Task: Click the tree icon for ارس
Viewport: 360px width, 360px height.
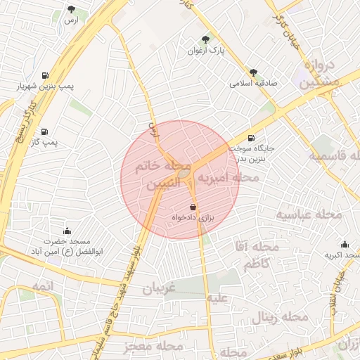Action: pyautogui.click(x=71, y=9)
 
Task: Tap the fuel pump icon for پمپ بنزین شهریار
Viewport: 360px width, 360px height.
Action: pyautogui.click(x=46, y=75)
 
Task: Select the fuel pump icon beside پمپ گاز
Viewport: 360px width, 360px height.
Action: pyautogui.click(x=46, y=131)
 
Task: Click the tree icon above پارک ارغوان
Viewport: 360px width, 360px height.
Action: pyautogui.click(x=205, y=39)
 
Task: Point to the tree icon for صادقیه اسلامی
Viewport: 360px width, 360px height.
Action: pyautogui.click(x=253, y=72)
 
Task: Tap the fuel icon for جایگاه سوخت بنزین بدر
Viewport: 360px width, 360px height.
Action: pyautogui.click(x=252, y=138)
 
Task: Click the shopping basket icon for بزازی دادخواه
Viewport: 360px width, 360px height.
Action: pyautogui.click(x=193, y=207)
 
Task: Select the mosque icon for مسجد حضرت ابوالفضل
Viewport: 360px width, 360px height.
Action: pyautogui.click(x=67, y=231)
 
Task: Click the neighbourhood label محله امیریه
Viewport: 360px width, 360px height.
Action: pyautogui.click(x=227, y=179)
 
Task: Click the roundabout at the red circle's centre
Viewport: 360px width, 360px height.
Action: pyautogui.click(x=184, y=172)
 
